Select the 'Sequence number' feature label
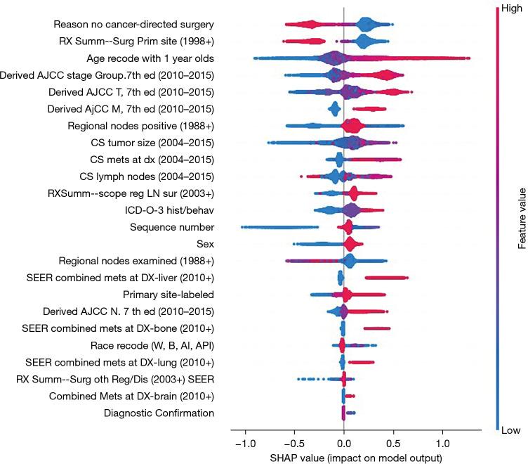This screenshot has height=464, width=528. (172, 226)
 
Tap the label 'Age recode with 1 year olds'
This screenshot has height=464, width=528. (150, 58)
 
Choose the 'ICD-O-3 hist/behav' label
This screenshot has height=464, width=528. (169, 210)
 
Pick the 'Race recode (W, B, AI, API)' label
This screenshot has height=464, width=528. (152, 345)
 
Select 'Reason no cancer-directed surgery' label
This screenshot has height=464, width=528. (133, 24)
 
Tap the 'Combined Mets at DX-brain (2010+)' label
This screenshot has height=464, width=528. (131, 396)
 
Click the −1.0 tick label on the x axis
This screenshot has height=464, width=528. (244, 444)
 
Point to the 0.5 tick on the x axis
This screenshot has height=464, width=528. (393, 444)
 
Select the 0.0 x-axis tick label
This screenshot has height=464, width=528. (343, 444)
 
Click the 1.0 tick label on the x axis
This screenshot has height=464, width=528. (442, 444)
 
